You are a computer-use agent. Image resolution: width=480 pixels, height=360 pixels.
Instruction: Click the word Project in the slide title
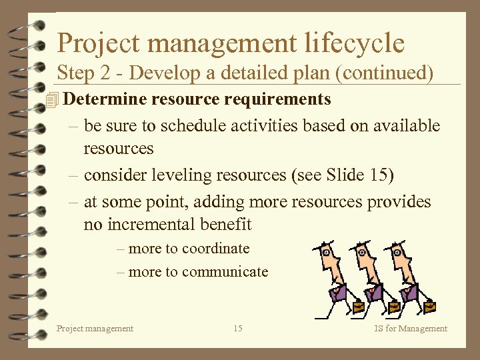[x=97, y=43]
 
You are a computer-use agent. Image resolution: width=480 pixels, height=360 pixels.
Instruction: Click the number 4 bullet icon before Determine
[x=54, y=100]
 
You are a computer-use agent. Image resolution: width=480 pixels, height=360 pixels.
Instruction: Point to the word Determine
[x=106, y=99]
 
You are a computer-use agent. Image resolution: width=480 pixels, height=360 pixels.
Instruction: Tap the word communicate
[x=225, y=272]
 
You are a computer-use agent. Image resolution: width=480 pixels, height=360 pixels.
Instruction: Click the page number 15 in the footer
[x=238, y=328]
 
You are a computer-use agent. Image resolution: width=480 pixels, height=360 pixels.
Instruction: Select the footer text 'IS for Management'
[x=411, y=328]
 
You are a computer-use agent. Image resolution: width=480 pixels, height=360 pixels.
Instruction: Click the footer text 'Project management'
[x=95, y=328]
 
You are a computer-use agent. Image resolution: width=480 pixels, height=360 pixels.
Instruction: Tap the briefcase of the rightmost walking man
[x=429, y=307]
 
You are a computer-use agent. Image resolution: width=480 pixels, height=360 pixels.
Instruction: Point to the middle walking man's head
[x=363, y=254]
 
